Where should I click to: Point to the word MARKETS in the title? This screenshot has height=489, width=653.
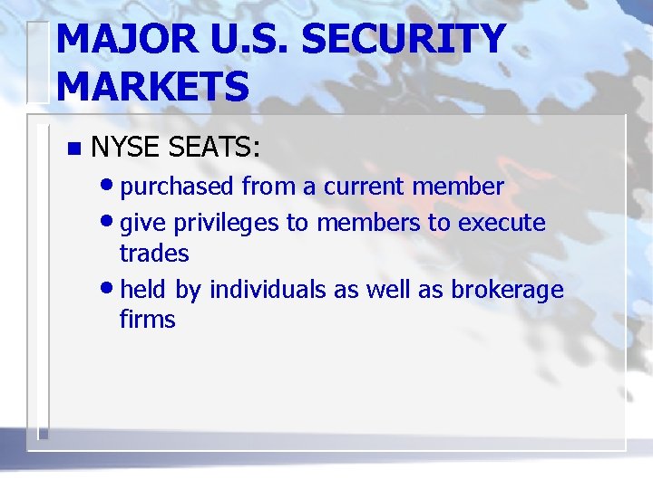click(151, 87)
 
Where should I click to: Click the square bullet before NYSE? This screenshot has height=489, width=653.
click(73, 148)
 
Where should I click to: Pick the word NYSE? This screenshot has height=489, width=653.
click(124, 147)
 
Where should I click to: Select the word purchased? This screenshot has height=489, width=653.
click(177, 187)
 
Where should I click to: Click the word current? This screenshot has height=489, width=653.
click(362, 187)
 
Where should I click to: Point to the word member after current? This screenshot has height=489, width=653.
click(457, 187)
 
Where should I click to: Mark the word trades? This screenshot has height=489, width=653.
click(154, 254)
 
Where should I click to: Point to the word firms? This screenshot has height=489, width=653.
click(147, 320)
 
